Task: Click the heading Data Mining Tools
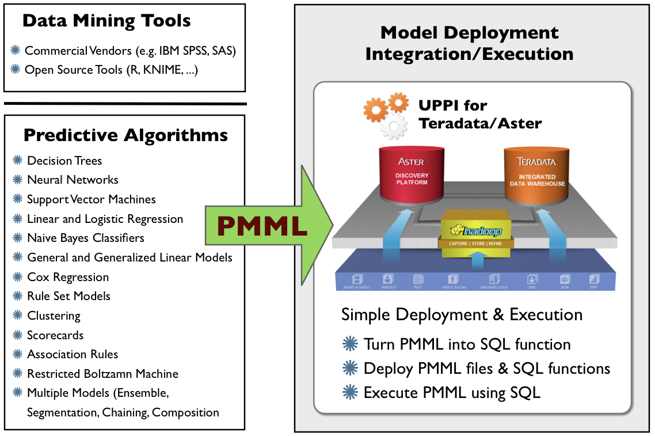106,22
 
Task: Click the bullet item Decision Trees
64,161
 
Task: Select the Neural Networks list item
73,180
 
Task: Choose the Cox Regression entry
68,277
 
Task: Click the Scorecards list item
55,335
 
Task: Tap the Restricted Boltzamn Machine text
102,374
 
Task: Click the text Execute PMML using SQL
452,393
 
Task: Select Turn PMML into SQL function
467,344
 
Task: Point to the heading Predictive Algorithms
125,135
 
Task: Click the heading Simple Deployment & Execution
462,315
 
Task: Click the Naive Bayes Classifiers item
86,238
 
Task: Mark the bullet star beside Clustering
18,316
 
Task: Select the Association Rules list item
73,354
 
